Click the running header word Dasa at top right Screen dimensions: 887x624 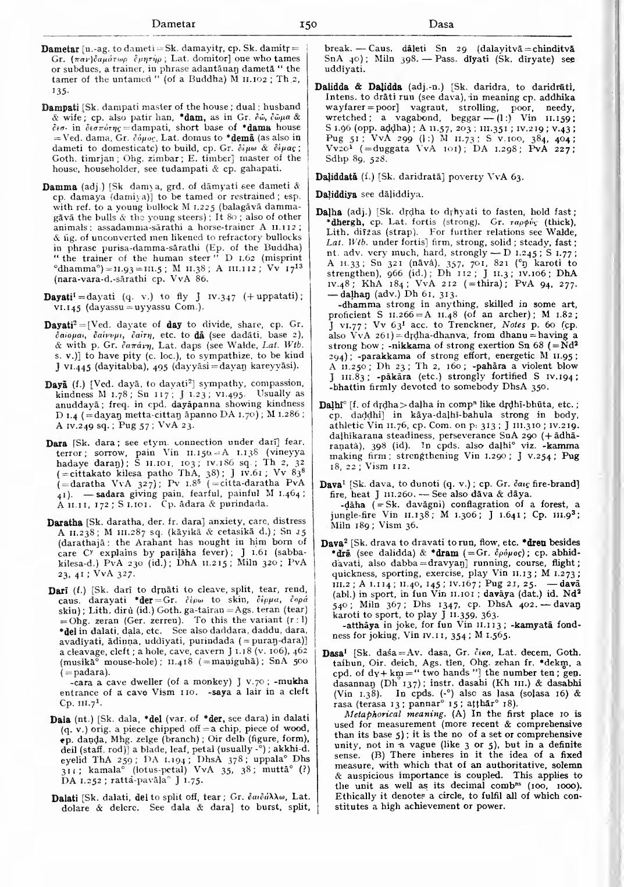click(x=441, y=24)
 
